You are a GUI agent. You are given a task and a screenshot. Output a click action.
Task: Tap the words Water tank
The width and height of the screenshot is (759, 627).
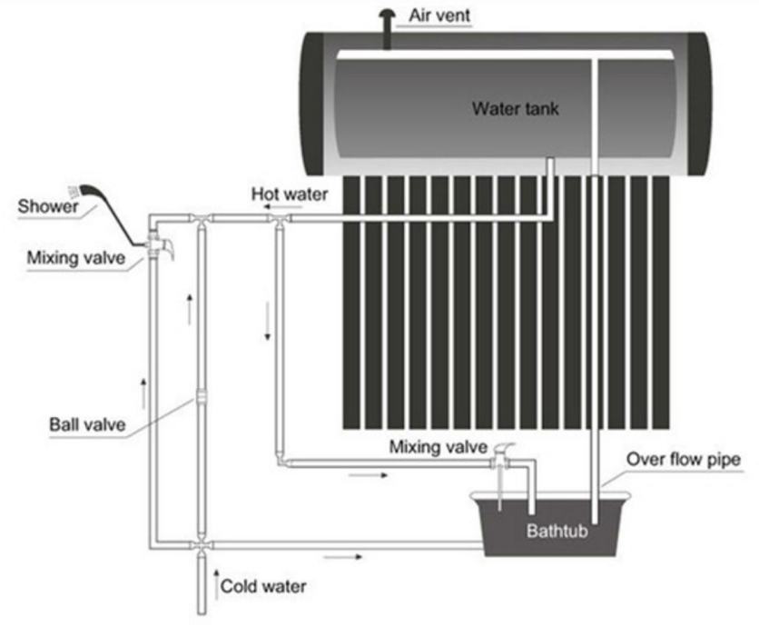pos(515,109)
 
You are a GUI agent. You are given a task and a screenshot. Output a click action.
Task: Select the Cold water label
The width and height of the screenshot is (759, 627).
pos(263,586)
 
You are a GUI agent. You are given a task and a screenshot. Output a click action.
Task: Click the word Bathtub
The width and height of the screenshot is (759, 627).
pos(557,531)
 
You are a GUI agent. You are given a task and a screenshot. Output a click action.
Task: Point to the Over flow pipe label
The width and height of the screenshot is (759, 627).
pos(683,460)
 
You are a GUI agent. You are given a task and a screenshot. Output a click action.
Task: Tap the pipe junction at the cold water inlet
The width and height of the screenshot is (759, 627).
pos(200,545)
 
